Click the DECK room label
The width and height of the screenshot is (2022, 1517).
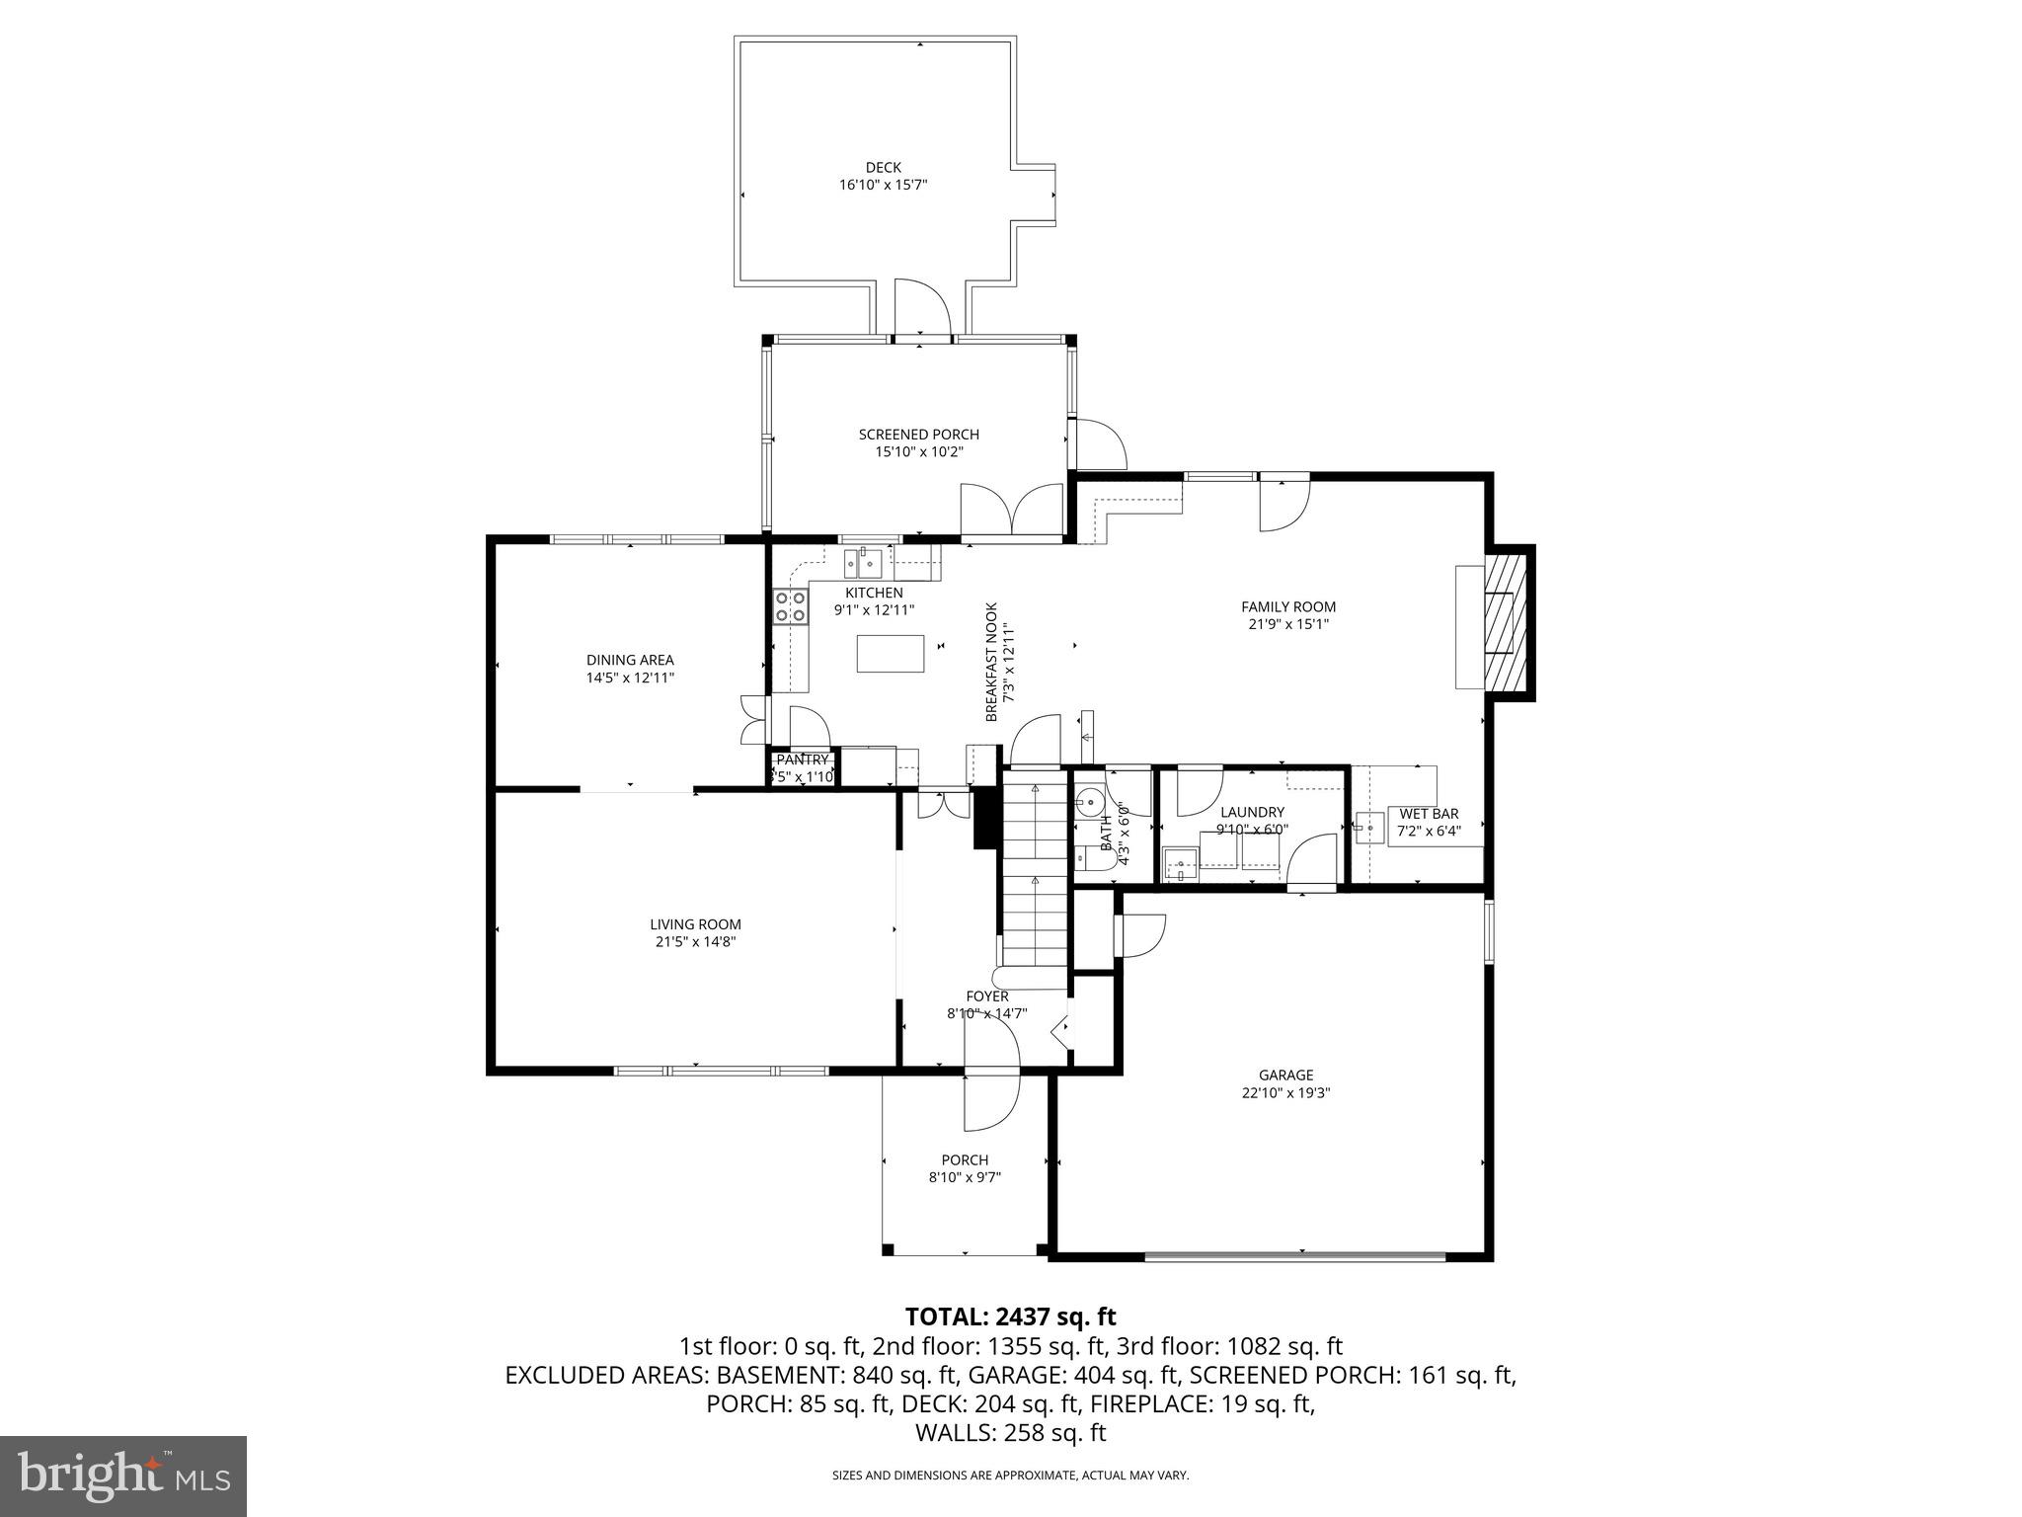pos(883,168)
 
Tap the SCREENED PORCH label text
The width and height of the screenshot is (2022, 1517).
pos(918,435)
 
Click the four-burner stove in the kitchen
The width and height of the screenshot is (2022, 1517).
pos(790,606)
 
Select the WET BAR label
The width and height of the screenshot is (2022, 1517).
pos(1428,814)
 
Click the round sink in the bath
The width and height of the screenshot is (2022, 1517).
pos(1090,800)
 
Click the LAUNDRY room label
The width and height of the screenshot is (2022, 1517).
pos(1252,812)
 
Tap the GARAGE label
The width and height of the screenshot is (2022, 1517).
pos(1285,1075)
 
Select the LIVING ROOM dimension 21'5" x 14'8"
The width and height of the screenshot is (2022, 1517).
pos(695,942)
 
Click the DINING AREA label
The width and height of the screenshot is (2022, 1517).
pos(630,660)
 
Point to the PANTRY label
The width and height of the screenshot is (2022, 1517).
pos(802,759)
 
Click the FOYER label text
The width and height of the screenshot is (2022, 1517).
pos(986,997)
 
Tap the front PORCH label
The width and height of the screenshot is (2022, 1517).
pos(965,1159)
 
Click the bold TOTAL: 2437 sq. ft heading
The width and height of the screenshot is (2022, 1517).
pos(1010,1317)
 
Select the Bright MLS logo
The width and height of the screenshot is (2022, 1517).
pos(122,1476)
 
